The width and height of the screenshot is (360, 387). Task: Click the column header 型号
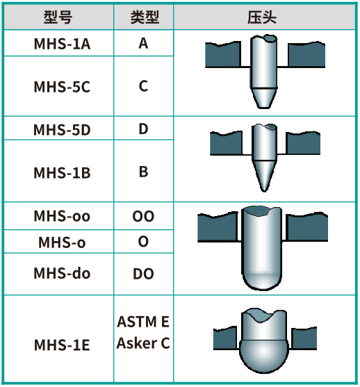pyautogui.click(x=58, y=17)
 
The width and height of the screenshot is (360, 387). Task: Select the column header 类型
pyautogui.click(x=145, y=17)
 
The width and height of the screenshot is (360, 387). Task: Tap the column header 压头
pyautogui.click(x=262, y=17)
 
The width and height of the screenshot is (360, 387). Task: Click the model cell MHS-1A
pyautogui.click(x=62, y=44)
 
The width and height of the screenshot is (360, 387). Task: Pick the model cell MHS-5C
pyautogui.click(x=62, y=87)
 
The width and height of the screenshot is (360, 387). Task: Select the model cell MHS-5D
pyautogui.click(x=62, y=130)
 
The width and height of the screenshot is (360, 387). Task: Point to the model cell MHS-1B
pyautogui.click(x=62, y=172)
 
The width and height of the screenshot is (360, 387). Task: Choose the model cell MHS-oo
pyautogui.click(x=62, y=216)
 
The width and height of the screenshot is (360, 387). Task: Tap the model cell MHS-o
pyautogui.click(x=62, y=242)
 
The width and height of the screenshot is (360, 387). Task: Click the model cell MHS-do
pyautogui.click(x=62, y=273)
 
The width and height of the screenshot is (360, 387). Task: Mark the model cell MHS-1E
pyautogui.click(x=62, y=345)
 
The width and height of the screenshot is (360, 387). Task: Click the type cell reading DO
pyautogui.click(x=143, y=274)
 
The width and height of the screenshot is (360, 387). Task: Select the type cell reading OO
pyautogui.click(x=143, y=216)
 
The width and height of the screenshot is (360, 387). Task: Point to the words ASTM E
pyautogui.click(x=143, y=322)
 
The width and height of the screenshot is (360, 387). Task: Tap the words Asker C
pyautogui.click(x=143, y=343)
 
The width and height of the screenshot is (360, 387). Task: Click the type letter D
pyautogui.click(x=143, y=129)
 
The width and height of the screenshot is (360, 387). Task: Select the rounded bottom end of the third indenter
pyautogui.click(x=262, y=281)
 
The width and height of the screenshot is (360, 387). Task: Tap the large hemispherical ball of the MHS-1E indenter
pyautogui.click(x=263, y=356)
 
